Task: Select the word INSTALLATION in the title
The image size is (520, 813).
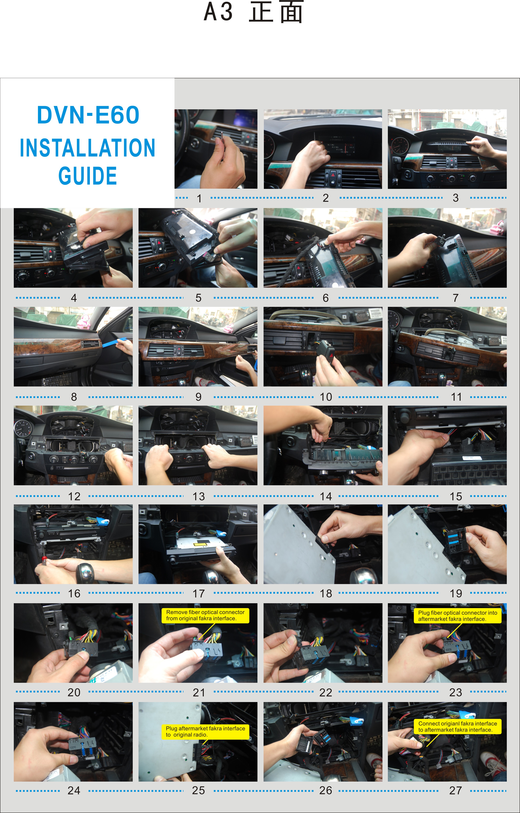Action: [x=88, y=148]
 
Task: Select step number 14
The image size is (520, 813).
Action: [x=326, y=496]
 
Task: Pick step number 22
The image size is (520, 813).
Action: [x=326, y=692]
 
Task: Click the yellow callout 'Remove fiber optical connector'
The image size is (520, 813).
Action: [x=205, y=615]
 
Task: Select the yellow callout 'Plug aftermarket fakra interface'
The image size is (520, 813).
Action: [x=205, y=731]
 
